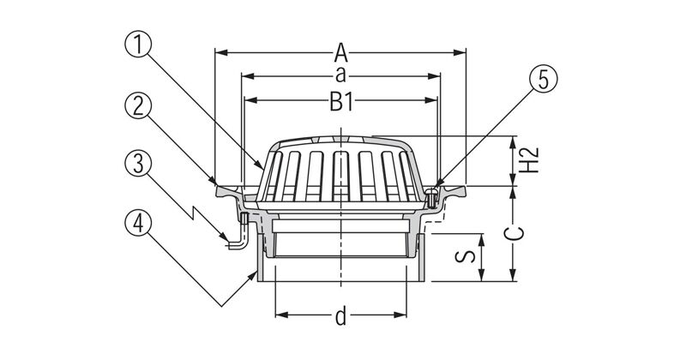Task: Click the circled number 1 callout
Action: pos(138,45)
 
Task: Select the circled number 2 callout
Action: pos(138,106)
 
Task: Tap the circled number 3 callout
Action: pos(138,165)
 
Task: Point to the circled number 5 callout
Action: pos(544,80)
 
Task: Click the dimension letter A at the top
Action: pos(340,53)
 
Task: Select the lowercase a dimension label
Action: pos(340,75)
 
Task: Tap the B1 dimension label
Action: pos(340,103)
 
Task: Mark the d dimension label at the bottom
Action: pos(340,315)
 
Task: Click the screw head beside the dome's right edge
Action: pos(431,197)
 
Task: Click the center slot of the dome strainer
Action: pos(340,175)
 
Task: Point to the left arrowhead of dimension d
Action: pos(281,315)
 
